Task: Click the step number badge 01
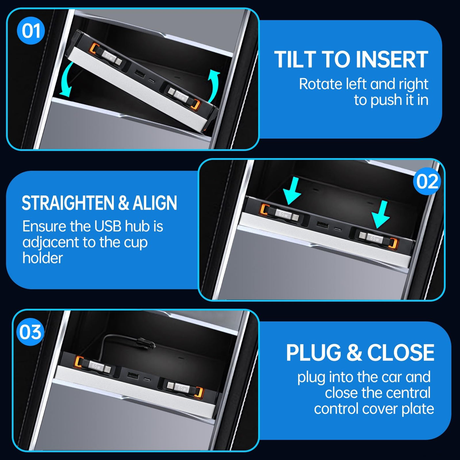pyautogui.click(x=31, y=31)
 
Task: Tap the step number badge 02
pyautogui.click(x=427, y=181)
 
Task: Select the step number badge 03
pyautogui.click(x=31, y=332)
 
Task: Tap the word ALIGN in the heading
pyautogui.click(x=155, y=203)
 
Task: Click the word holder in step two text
pyautogui.click(x=42, y=258)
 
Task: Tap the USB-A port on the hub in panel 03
pyautogui.click(x=133, y=376)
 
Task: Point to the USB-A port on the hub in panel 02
pyautogui.click(x=322, y=225)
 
